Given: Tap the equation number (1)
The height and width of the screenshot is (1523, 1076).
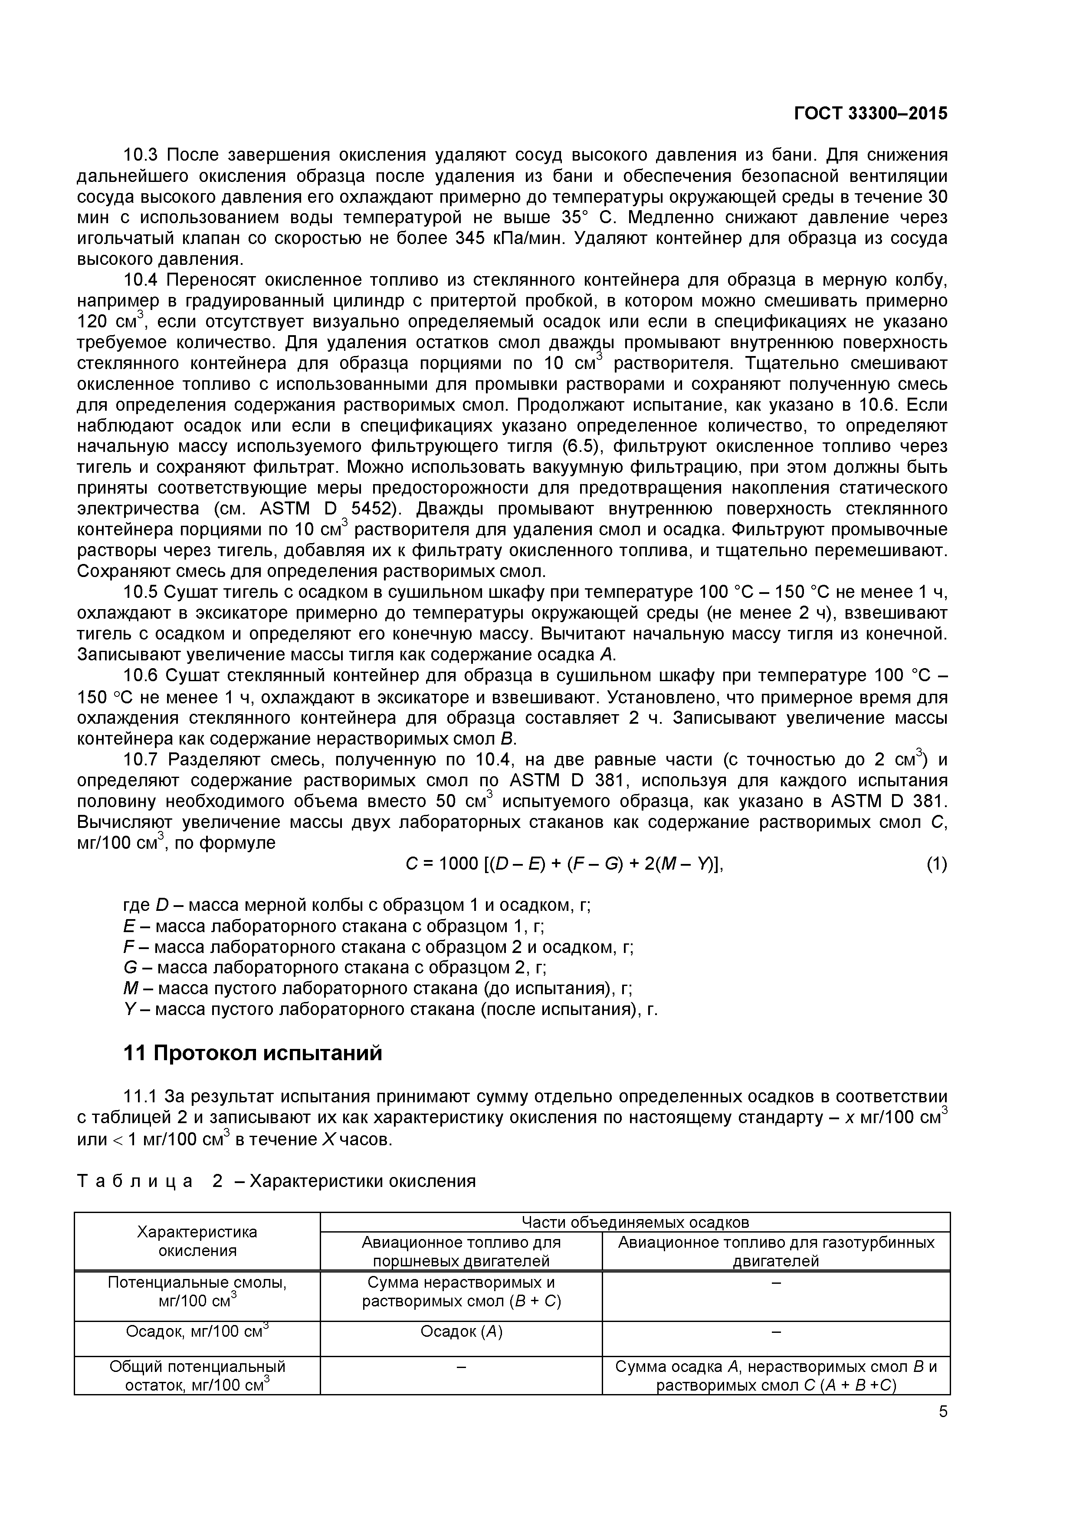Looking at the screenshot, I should tap(936, 864).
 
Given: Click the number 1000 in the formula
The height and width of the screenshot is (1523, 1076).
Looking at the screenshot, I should tap(458, 864).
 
